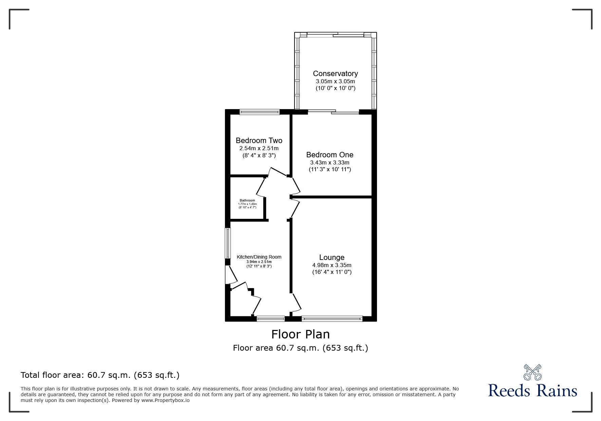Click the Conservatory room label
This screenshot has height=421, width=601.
click(x=335, y=73)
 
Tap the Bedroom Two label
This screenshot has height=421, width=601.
click(x=259, y=140)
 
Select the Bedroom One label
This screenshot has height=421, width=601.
click(x=330, y=155)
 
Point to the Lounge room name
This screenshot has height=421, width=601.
click(x=332, y=258)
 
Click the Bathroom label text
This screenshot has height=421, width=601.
click(x=247, y=200)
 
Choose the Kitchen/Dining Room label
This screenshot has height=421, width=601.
click(x=259, y=257)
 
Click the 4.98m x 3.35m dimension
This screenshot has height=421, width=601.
click(x=332, y=265)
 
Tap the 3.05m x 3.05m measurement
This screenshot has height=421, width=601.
click(x=335, y=81)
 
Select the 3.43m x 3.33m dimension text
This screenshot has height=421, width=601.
click(x=330, y=162)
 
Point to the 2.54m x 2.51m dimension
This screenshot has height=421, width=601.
click(x=259, y=148)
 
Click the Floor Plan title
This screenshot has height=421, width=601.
click(x=300, y=334)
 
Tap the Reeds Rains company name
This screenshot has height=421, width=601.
click(x=532, y=391)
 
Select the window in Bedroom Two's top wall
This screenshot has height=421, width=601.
click(x=260, y=112)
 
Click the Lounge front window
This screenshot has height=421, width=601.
click(x=332, y=319)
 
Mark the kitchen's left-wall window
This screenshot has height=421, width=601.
click(x=228, y=243)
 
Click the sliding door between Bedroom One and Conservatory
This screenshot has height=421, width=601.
click(x=333, y=112)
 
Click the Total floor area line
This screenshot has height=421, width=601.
click(x=100, y=375)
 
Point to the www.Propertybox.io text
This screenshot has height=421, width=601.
click(x=165, y=400)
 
